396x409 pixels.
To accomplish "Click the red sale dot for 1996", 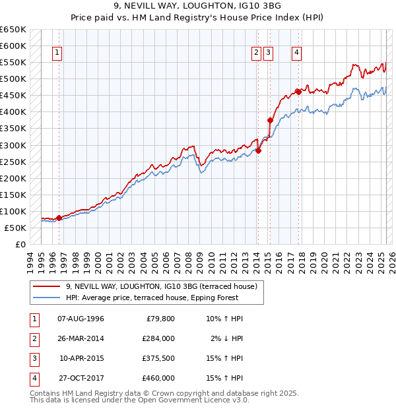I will pyautogui.click(x=59, y=218).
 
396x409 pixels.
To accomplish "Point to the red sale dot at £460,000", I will pyautogui.click(x=298, y=92).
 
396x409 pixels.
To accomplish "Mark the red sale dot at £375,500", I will pyautogui.click(x=269, y=120).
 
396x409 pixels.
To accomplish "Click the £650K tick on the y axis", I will pyautogui.click(x=13, y=30).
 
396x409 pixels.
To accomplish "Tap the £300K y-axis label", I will pyautogui.click(x=13, y=145).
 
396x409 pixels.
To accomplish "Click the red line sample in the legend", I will pyautogui.click(x=46, y=286).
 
